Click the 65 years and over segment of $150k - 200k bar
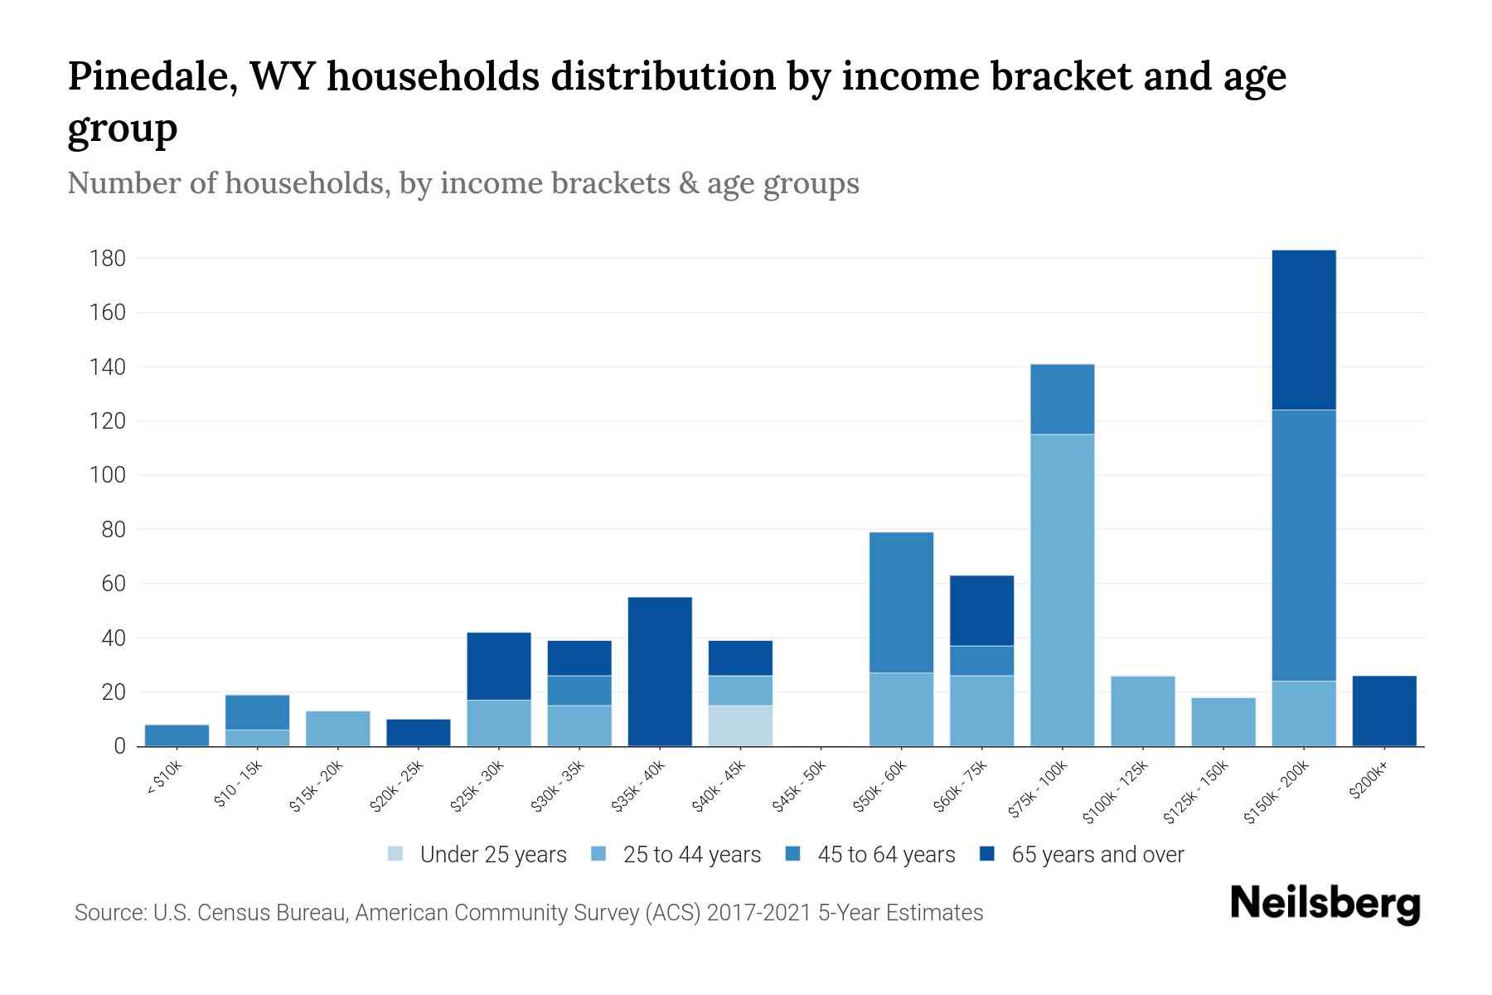click(x=1303, y=330)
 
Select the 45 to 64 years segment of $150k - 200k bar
click(x=1303, y=545)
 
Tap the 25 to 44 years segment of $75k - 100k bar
click(x=1062, y=590)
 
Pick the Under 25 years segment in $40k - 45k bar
click(x=740, y=726)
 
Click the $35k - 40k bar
click(x=660, y=672)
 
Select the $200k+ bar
click(x=1383, y=711)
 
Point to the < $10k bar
click(x=177, y=735)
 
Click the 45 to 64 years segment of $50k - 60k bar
click(x=901, y=602)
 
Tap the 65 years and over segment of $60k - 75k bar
click(x=981, y=610)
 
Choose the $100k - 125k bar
click(x=1142, y=711)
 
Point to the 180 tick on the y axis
click(x=108, y=259)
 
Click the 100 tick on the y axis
click(x=108, y=475)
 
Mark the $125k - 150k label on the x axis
click(x=1194, y=797)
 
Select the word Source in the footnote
click(x=109, y=913)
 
